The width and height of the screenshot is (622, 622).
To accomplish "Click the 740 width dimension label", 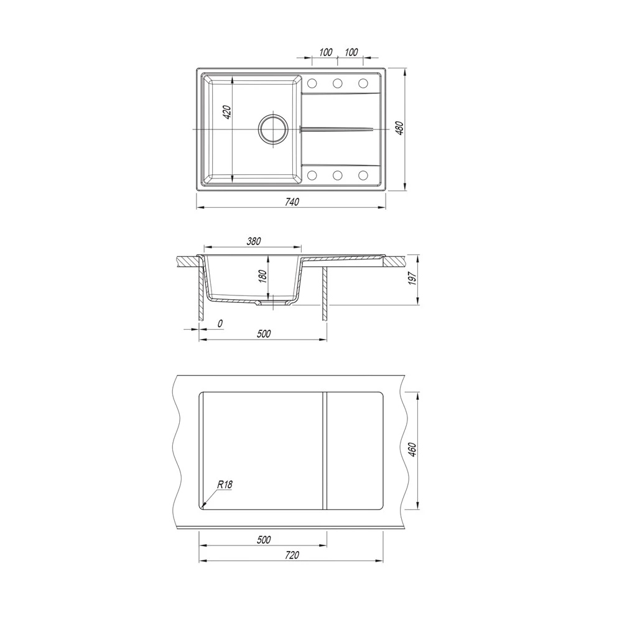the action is [x=292, y=202].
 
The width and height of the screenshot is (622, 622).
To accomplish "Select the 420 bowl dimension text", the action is [x=227, y=112].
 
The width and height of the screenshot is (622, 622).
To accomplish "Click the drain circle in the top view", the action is [x=272, y=129].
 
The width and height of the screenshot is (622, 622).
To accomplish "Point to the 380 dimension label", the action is [x=254, y=241].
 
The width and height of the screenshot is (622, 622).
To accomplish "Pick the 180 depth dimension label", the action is [x=262, y=276].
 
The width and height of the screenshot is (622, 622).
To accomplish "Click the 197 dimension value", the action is [x=412, y=278].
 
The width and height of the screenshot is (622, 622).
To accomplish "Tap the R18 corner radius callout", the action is [x=225, y=485].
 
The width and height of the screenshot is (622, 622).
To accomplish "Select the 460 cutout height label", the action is [x=412, y=450].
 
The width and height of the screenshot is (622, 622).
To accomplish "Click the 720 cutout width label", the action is [x=292, y=555].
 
